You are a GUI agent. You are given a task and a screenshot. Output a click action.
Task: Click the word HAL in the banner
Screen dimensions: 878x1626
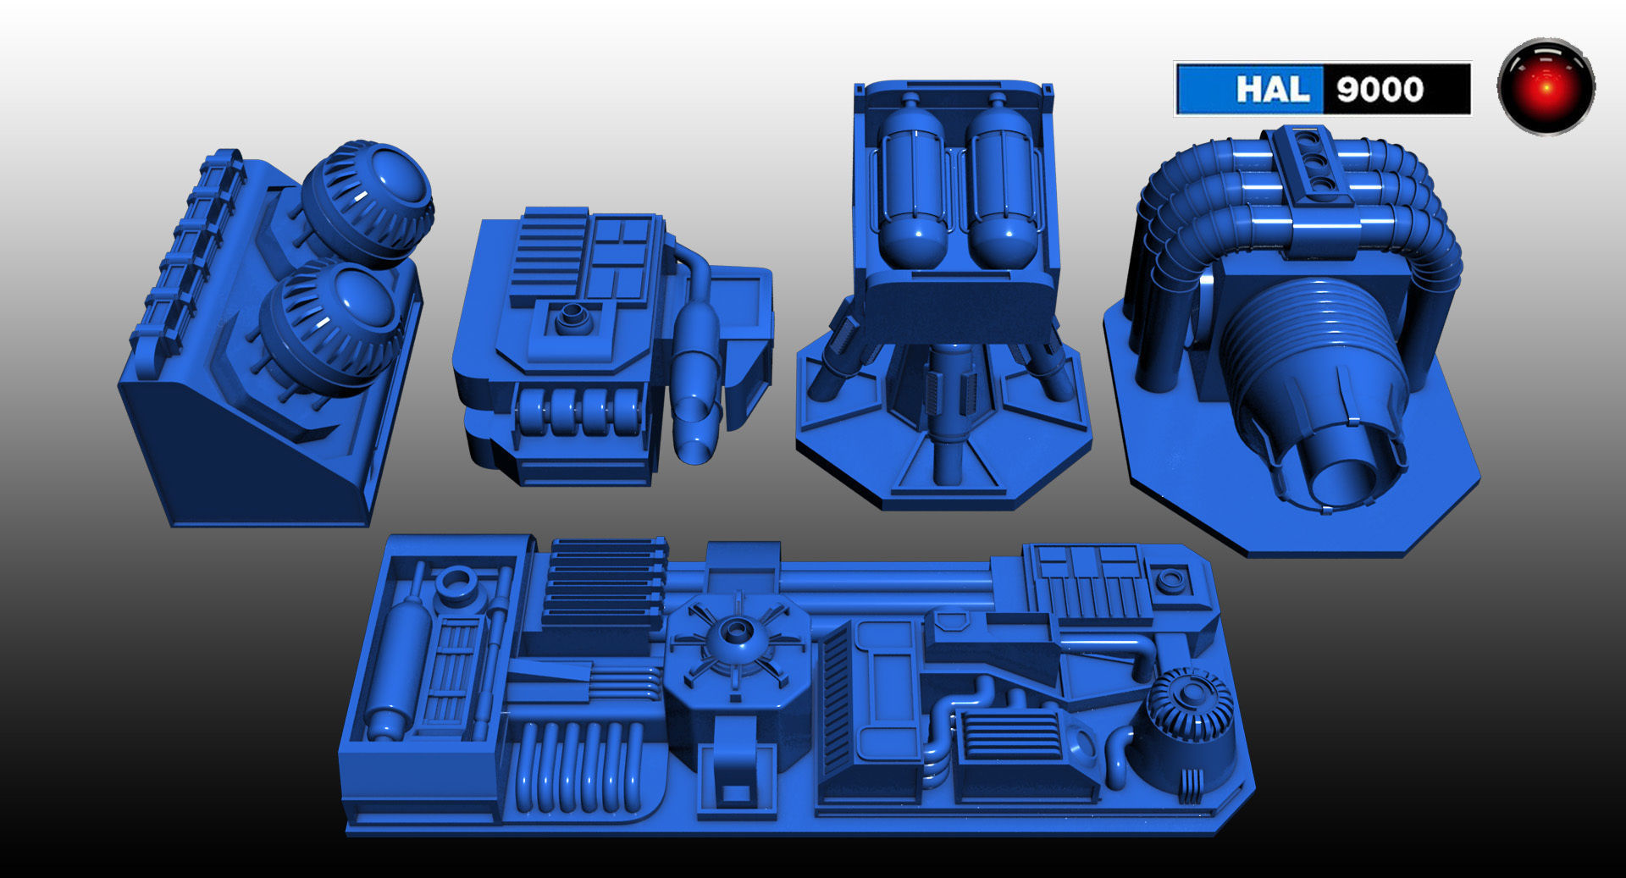coord(1272,89)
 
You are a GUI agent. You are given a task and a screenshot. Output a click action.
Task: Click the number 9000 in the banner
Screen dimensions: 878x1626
coord(1380,89)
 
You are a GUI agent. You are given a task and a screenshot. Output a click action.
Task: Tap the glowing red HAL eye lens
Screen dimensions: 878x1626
coord(1546,86)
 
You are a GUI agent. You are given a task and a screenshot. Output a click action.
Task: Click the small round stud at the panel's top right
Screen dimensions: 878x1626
coord(1170,580)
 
